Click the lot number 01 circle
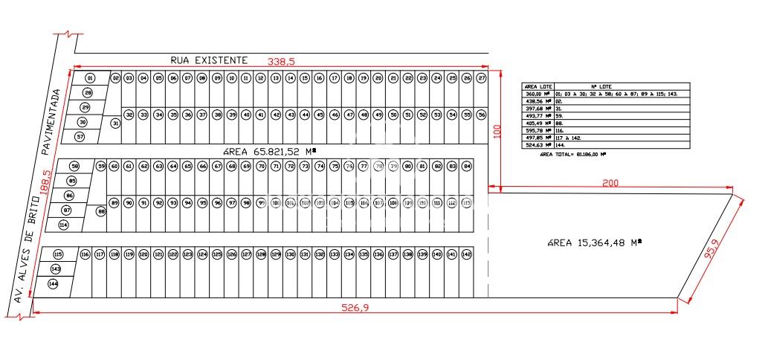click(x=89, y=78)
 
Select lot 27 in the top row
click(x=481, y=78)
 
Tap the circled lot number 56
click(x=481, y=115)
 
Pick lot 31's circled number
click(x=115, y=123)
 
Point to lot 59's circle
click(x=102, y=166)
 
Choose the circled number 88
click(x=102, y=211)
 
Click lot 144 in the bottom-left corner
click(x=53, y=283)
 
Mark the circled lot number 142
click(x=466, y=254)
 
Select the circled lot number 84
click(x=467, y=166)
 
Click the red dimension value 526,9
click(x=355, y=309)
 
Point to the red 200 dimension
click(x=610, y=183)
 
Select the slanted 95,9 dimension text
click(x=711, y=252)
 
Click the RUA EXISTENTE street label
click(x=208, y=59)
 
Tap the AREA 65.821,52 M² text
click(x=269, y=151)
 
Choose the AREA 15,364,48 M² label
click(x=593, y=242)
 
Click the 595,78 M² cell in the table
click(x=539, y=130)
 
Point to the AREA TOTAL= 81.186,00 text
click(x=572, y=155)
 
